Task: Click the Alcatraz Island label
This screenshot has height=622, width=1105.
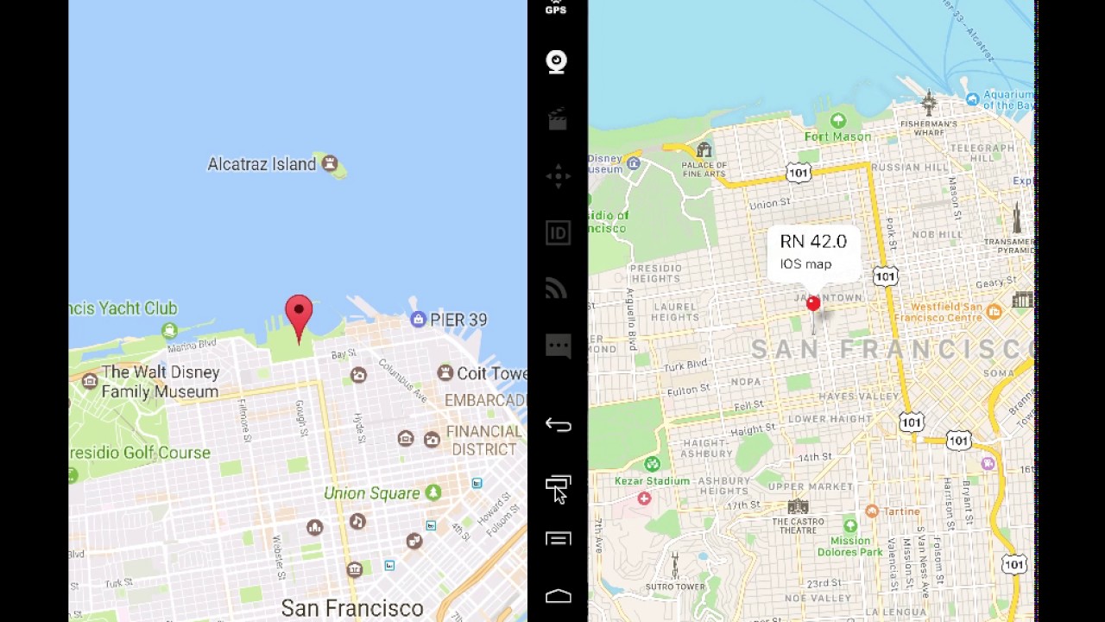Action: pos(262,164)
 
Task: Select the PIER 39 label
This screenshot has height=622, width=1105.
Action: pos(458,320)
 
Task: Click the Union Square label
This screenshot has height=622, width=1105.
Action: pos(371,493)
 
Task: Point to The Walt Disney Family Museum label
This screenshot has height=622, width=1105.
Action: pos(161,382)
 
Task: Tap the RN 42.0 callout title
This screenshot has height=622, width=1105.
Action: pos(813,242)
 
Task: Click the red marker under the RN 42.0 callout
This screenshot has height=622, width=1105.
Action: pos(813,304)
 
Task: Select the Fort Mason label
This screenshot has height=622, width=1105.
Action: pos(837,136)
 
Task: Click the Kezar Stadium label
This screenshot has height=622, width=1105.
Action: pos(652,480)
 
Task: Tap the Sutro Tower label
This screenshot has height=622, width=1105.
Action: pos(675,587)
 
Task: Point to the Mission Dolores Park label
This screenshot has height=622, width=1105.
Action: pos(850,546)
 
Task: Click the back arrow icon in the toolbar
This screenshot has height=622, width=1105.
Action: pos(558,425)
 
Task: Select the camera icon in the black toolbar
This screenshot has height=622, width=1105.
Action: pos(557,62)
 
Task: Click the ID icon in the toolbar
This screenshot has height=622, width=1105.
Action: pos(558,233)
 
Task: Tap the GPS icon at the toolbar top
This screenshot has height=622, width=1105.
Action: pos(556,9)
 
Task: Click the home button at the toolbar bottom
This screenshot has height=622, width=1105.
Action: pos(558,596)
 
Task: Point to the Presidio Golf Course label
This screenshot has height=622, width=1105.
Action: pos(140,453)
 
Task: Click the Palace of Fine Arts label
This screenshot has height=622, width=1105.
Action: pos(704,168)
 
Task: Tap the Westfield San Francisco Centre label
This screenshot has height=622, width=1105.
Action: pos(946,312)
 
